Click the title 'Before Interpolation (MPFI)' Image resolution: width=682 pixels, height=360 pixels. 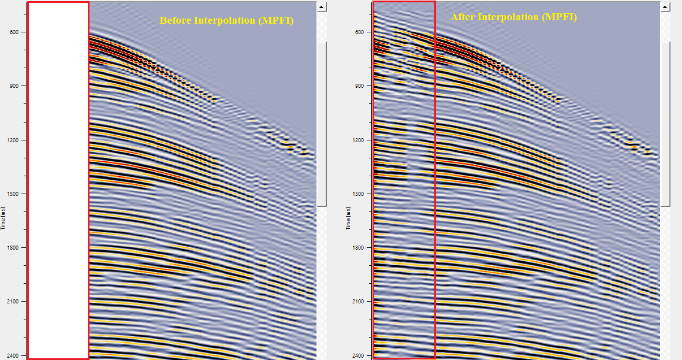[226, 21]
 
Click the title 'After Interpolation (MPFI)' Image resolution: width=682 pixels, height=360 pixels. [513, 17]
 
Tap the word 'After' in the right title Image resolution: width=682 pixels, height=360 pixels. [463, 17]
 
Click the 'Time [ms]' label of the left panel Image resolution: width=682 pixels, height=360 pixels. [3, 220]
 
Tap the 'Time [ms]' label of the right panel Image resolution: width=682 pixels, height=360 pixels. [349, 220]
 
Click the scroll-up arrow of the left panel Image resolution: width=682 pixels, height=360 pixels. [322, 7]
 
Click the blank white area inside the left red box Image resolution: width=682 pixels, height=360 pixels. [58, 179]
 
